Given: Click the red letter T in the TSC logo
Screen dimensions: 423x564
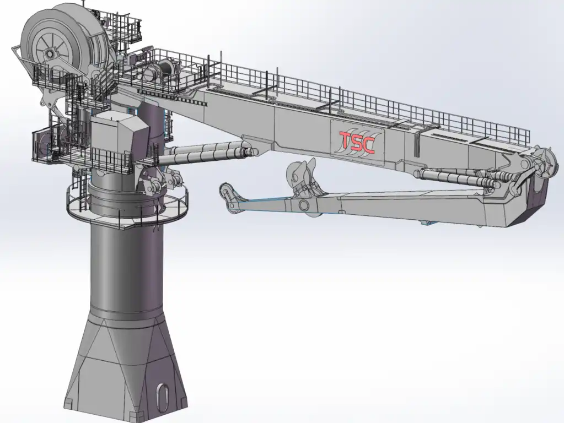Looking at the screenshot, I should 346,141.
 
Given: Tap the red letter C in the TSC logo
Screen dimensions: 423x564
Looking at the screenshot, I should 368,144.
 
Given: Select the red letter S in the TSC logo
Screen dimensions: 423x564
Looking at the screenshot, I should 356,143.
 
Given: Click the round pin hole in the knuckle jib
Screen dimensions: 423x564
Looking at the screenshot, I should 303,205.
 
